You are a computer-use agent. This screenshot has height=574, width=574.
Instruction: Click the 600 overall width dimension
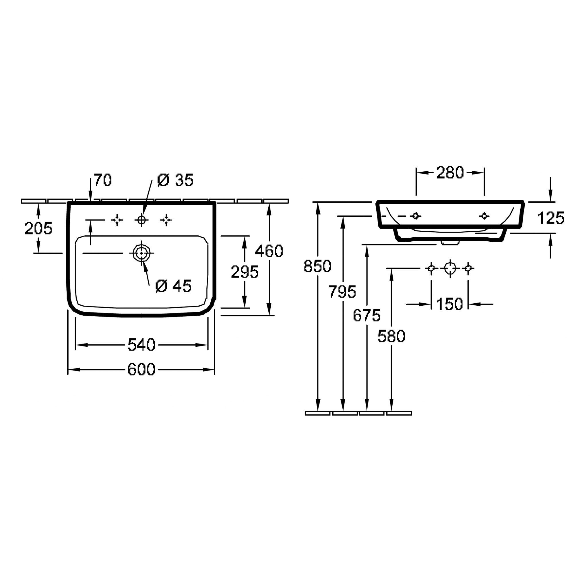point(141,370)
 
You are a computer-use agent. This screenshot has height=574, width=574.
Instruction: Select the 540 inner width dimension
point(141,345)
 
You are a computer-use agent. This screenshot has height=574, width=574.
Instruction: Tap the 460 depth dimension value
point(269,251)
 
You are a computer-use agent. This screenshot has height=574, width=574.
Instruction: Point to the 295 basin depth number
point(245,272)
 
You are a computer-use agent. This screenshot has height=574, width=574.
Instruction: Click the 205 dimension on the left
point(38,228)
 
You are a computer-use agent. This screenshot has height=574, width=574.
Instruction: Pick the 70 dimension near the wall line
point(103,180)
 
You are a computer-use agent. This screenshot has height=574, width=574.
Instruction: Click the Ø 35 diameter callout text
point(175,180)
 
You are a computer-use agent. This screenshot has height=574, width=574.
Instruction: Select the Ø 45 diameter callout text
point(174,286)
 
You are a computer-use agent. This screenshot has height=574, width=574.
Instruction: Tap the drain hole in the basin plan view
point(141,253)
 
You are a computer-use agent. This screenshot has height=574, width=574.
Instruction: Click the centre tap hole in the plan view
point(141,220)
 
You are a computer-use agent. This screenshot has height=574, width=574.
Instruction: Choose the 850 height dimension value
point(317,266)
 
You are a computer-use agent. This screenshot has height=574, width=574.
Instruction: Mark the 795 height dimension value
point(342,292)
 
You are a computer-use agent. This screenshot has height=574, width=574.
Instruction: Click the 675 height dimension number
point(367,315)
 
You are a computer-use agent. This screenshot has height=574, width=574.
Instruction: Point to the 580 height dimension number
point(391,336)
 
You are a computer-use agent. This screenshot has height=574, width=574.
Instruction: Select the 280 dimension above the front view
point(450,172)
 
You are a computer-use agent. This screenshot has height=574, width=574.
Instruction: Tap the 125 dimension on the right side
point(550,218)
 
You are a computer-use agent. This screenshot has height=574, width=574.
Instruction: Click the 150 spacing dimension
point(449,304)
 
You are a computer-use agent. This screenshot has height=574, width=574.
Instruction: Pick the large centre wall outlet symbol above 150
point(450,268)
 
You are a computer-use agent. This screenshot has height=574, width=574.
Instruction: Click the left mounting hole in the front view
point(416,216)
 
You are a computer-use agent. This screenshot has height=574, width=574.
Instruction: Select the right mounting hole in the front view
point(484,216)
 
